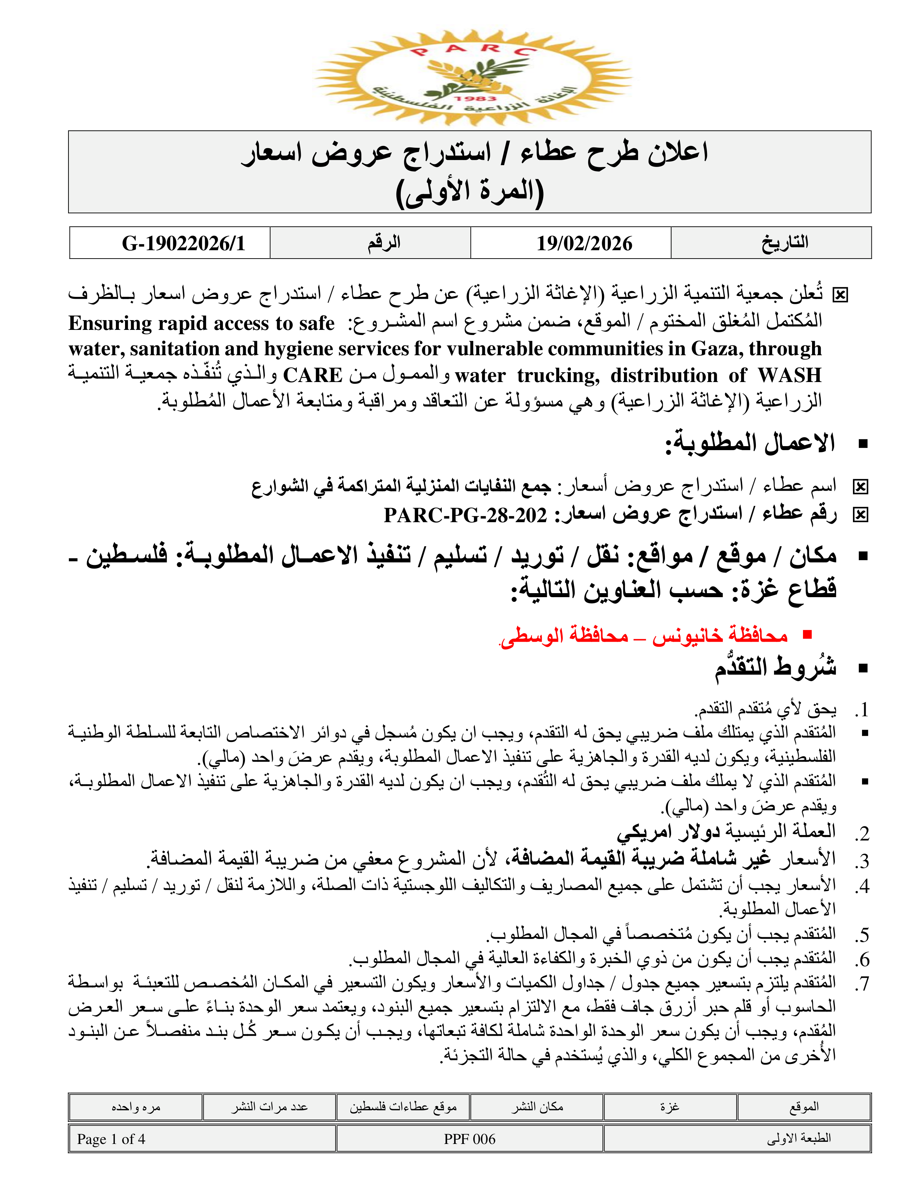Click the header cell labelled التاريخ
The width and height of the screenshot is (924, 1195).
[x=784, y=242]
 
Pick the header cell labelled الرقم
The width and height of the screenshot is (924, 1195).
[x=384, y=242]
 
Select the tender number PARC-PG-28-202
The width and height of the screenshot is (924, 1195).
[x=465, y=515]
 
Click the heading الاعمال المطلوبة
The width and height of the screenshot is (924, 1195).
[x=750, y=443]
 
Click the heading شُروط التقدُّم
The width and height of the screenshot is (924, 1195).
[x=776, y=667]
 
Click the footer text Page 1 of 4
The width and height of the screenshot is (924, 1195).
[x=111, y=1139]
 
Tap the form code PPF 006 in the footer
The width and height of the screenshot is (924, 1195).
[x=469, y=1139]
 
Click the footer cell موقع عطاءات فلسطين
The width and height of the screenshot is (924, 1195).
[x=403, y=1107]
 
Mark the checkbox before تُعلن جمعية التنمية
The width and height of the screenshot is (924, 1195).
[x=840, y=295]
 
